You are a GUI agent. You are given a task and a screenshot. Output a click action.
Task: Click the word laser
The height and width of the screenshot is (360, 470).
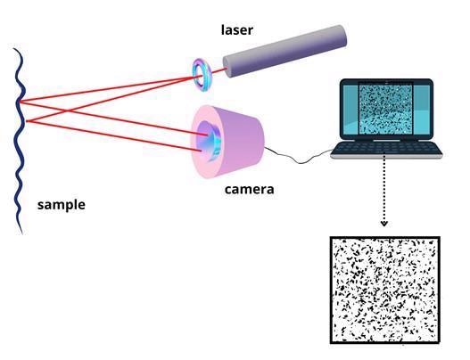point(237,30)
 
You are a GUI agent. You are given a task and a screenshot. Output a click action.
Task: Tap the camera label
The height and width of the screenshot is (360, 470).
point(249,189)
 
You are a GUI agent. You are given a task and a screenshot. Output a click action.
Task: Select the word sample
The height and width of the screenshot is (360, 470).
point(62,205)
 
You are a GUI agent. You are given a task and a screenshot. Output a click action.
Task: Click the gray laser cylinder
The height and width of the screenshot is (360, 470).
point(284,51)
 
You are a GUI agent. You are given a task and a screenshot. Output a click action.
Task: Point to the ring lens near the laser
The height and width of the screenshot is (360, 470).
point(202,75)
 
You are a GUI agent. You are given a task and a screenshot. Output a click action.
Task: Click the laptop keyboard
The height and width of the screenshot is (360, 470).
point(386,149)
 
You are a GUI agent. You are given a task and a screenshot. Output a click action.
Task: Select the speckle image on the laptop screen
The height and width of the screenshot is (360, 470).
point(385,109)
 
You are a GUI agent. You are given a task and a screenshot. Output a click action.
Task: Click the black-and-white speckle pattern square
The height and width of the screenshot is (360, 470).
point(385,290)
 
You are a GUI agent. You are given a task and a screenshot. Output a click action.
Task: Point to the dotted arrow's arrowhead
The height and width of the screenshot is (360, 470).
point(384,224)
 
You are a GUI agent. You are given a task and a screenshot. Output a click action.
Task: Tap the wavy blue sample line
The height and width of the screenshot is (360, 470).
point(21,141)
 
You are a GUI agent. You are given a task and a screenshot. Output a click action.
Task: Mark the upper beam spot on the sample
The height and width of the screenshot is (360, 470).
point(21,102)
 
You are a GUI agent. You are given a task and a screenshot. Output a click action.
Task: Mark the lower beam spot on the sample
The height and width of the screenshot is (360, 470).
point(28,121)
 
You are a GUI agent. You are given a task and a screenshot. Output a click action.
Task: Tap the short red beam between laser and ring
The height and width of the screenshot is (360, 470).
point(218,71)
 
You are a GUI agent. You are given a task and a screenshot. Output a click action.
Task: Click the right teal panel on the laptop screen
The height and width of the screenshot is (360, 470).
point(422,109)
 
